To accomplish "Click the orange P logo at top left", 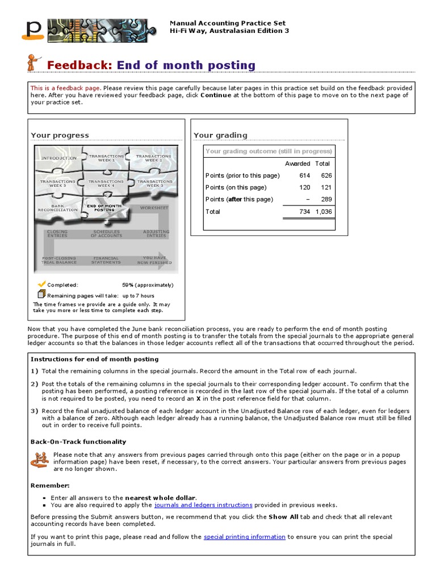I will [33, 30].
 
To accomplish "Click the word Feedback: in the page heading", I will [79, 65].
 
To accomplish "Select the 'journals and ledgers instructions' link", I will [203, 504].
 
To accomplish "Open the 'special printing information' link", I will [244, 536].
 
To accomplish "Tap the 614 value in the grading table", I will [305, 175].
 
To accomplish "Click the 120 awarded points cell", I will [305, 187].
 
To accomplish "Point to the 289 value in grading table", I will [326, 199].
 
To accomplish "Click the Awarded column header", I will [297, 163].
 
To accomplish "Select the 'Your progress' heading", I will [60, 135].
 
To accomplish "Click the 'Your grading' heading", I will [220, 135].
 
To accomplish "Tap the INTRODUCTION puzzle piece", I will [59, 158].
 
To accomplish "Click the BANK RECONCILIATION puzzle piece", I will [58, 208].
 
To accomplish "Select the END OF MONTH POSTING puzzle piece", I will [103, 208].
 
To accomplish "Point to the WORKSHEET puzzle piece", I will [154, 208].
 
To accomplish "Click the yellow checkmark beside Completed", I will [41, 284].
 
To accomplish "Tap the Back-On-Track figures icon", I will [39, 459].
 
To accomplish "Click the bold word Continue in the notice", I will [216, 95].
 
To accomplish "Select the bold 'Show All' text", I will [285, 517].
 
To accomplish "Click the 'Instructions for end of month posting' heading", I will [94, 359].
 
